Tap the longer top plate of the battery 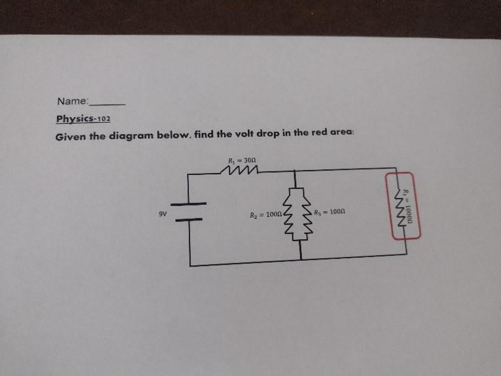188,204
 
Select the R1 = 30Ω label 242,160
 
